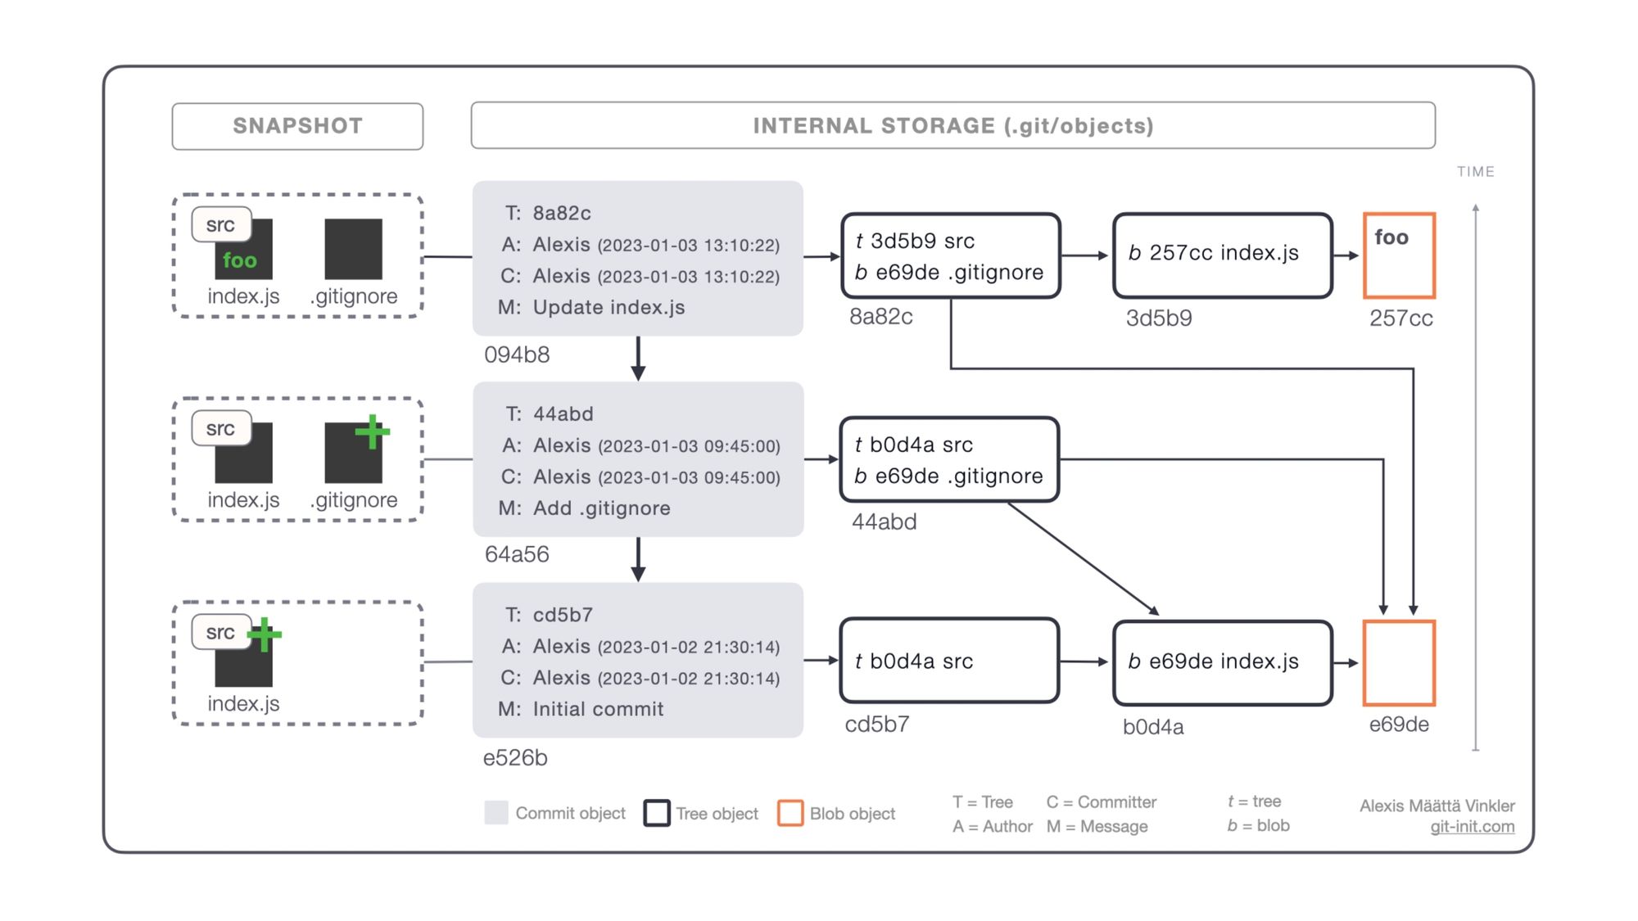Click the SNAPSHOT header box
pos(297,126)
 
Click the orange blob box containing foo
pos(1399,255)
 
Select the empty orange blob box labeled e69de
pos(1399,663)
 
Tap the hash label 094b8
pos(517,354)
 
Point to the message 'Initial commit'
pos(598,709)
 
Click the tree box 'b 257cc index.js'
pos(1222,255)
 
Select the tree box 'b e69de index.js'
pos(1222,662)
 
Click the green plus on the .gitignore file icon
pos(373,431)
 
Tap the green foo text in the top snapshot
pos(239,260)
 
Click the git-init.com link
pos(1472,827)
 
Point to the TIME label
pos(1475,172)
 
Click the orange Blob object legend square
pos(790,813)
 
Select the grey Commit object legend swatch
pos(496,813)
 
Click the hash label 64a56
pos(517,554)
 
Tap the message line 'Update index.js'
pos(609,308)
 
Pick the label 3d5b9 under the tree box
pos(1158,318)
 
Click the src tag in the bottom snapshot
pos(220,632)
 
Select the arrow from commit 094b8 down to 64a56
pos(638,359)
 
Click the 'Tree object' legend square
pos(657,813)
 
